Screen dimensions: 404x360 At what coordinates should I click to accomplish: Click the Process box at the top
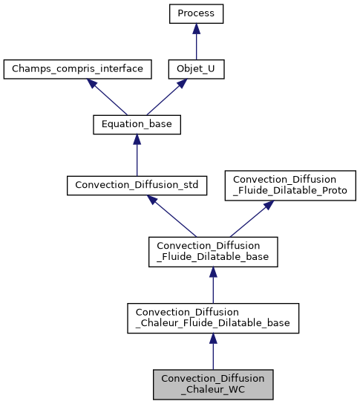(x=196, y=13)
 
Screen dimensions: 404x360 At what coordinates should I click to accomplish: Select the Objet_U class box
(x=196, y=69)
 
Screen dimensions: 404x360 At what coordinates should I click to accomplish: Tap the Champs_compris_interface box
(x=78, y=69)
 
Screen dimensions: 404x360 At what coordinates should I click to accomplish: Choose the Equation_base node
(x=137, y=125)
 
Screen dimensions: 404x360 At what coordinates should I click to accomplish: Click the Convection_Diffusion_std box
(x=137, y=184)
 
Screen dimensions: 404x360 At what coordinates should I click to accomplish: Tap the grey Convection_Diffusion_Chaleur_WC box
(x=213, y=383)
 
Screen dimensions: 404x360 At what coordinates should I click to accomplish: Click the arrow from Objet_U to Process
(x=196, y=42)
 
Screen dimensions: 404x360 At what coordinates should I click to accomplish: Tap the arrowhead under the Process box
(x=196, y=27)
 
